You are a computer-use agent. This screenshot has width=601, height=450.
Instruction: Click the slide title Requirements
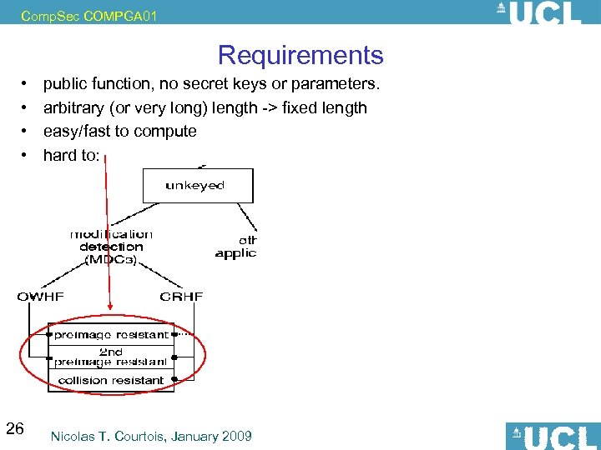coord(300,55)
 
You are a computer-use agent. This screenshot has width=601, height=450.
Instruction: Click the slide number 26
coord(15,429)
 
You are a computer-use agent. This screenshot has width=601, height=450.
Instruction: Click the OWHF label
coord(41,296)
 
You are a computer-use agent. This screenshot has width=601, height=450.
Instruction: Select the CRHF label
coord(181,296)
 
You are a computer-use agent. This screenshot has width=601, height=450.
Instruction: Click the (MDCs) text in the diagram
coord(111,259)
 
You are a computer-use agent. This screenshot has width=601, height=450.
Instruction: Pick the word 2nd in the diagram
coord(112,352)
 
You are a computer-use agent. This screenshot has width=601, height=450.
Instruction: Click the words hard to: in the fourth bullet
coord(71,154)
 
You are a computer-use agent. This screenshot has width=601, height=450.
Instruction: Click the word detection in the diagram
coord(111,247)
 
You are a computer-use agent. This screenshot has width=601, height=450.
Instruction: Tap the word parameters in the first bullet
coord(339,84)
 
